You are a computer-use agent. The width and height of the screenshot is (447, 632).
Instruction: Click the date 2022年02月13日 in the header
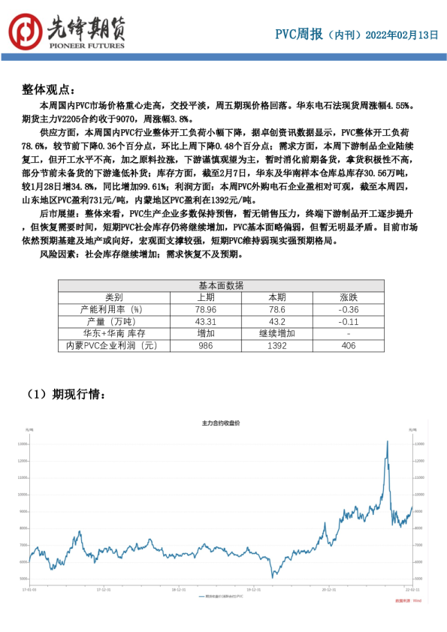coord(401,35)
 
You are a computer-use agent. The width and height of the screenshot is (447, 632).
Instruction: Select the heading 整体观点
coord(50,89)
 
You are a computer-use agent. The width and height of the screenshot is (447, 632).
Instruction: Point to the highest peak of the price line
coord(387,441)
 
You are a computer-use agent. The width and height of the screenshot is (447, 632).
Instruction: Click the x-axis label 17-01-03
coord(29,590)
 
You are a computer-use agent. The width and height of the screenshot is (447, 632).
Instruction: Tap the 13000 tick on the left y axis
coord(23,444)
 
